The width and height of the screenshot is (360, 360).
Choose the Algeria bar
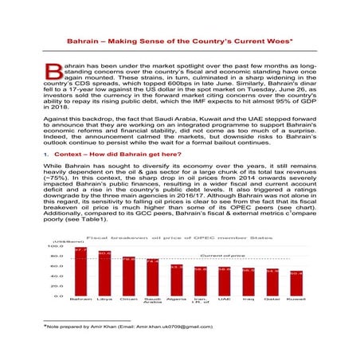(177, 281)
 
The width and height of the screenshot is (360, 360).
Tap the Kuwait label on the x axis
(296, 300)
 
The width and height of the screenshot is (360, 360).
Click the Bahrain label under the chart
(80, 300)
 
